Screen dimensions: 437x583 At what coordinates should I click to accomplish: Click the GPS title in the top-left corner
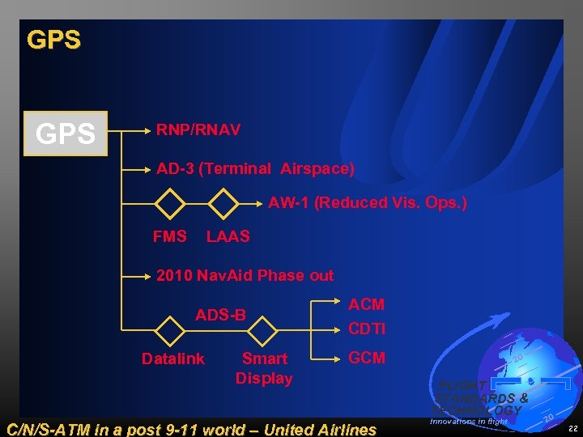[53, 40]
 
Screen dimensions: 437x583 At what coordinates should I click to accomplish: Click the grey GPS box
[66, 134]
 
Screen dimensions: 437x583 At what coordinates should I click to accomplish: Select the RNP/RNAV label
[198, 129]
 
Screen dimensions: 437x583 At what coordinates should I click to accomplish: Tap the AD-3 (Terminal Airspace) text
[255, 169]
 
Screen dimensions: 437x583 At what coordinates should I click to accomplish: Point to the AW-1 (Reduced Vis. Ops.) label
[368, 202]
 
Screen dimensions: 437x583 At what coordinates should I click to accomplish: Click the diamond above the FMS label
[170, 203]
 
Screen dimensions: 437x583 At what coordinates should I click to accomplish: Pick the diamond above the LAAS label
[223, 203]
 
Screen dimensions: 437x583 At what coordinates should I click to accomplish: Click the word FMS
[169, 236]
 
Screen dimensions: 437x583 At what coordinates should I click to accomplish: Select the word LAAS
[228, 236]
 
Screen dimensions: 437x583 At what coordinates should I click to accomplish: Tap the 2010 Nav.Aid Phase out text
[245, 275]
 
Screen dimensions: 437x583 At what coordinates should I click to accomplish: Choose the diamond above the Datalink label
[170, 329]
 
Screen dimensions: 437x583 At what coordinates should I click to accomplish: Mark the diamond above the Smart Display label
[262, 329]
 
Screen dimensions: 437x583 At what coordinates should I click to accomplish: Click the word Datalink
[172, 359]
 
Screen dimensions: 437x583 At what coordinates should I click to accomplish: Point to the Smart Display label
[264, 368]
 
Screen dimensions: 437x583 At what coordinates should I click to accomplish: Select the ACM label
[366, 304]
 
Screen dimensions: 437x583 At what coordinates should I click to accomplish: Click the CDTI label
[367, 329]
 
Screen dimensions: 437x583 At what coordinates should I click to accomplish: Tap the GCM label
[367, 358]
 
